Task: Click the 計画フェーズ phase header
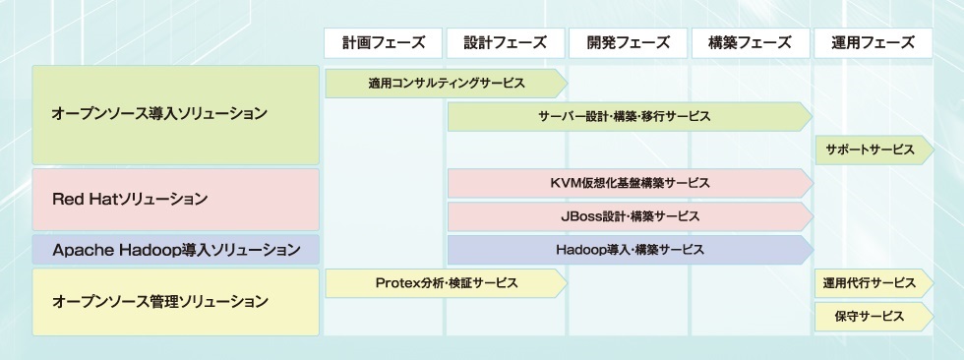click(383, 43)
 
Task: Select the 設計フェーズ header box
click(506, 43)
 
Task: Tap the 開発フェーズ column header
click(628, 43)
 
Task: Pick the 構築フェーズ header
click(750, 43)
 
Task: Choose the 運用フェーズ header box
click(874, 43)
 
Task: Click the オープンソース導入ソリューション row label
click(176, 115)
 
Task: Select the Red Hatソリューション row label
click(176, 200)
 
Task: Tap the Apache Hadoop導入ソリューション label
click(176, 250)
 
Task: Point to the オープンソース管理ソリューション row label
click(176, 302)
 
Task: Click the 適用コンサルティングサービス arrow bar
click(447, 84)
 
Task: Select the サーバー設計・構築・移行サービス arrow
click(631, 117)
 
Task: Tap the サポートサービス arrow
click(874, 150)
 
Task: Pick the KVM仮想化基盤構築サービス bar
click(631, 183)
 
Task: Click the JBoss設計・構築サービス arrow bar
click(631, 216)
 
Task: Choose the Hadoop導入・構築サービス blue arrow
click(631, 250)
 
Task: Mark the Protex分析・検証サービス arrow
click(447, 283)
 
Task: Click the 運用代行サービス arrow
click(874, 283)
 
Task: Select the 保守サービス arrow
click(874, 317)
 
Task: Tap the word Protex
click(397, 283)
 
